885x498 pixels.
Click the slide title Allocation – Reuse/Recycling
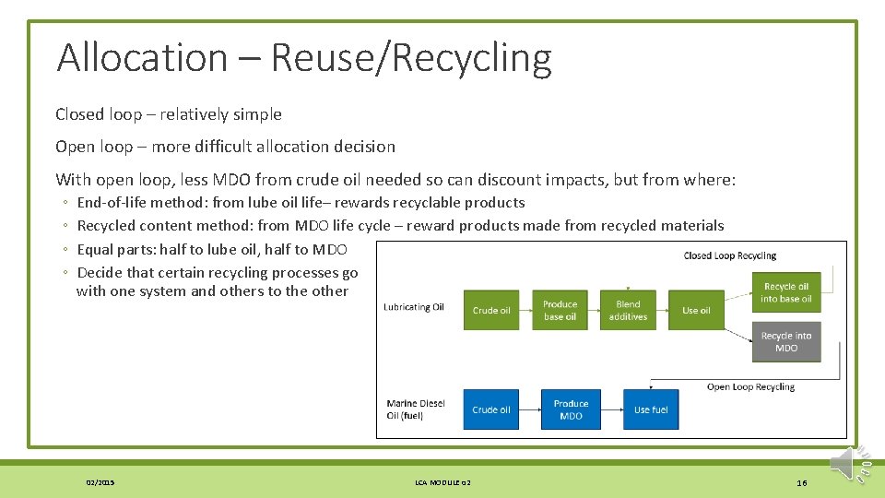tap(304, 57)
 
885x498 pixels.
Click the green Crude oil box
tap(491, 310)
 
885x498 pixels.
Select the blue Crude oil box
tap(491, 409)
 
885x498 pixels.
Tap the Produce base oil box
tap(560, 310)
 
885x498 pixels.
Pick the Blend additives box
tap(628, 310)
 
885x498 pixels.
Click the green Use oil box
tap(697, 310)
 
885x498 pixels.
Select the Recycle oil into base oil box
tap(786, 292)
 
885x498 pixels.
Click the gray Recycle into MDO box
tap(786, 341)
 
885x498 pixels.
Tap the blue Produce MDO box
tap(571, 409)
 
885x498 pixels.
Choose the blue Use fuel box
tap(651, 409)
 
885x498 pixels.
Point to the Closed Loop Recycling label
tap(730, 255)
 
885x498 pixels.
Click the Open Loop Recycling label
tap(750, 386)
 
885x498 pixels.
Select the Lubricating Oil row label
tap(414, 307)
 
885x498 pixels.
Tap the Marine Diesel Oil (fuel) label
tap(416, 409)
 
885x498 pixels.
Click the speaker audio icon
tap(845, 464)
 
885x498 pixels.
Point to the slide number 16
tap(801, 482)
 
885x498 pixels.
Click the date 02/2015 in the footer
tap(100, 482)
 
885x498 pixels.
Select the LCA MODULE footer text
tap(442, 482)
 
